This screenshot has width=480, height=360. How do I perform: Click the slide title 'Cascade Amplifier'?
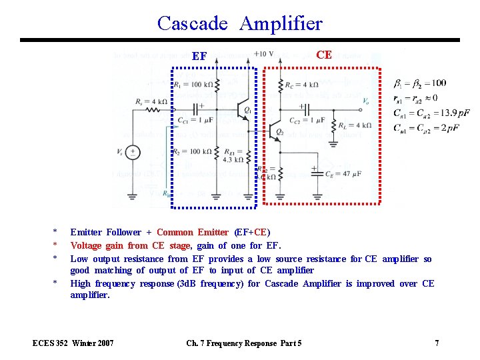[x=240, y=23]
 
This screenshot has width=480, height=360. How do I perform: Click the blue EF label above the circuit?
[x=199, y=57]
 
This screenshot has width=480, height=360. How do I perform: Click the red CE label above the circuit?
[x=324, y=55]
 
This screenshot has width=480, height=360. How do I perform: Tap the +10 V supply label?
[x=263, y=54]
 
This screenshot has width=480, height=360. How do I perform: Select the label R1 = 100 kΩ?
[x=193, y=85]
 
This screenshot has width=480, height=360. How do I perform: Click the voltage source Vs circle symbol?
[x=133, y=153]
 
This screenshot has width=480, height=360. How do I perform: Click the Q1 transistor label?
[x=248, y=109]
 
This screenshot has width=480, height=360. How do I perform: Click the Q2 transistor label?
[x=280, y=133]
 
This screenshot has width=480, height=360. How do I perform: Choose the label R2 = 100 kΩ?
[x=193, y=152]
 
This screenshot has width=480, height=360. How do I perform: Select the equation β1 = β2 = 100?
[x=420, y=83]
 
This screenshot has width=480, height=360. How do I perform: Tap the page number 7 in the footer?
[x=437, y=343]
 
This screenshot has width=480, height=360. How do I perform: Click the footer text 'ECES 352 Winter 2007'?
[x=73, y=343]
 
